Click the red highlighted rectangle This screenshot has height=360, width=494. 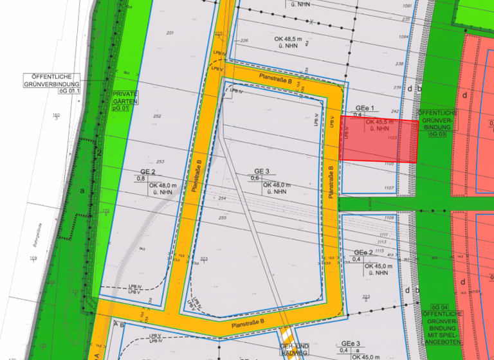pos(378,139)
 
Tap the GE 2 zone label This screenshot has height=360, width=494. pos(148,172)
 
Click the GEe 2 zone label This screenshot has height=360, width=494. pos(364,252)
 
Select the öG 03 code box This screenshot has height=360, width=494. pos(437,134)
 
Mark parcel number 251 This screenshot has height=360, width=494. pos(170,33)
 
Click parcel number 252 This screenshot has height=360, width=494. pos(157,116)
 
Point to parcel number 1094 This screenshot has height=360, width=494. pos(404,37)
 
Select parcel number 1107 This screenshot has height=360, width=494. pos(389,188)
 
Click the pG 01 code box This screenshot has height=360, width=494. pos(118,109)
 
